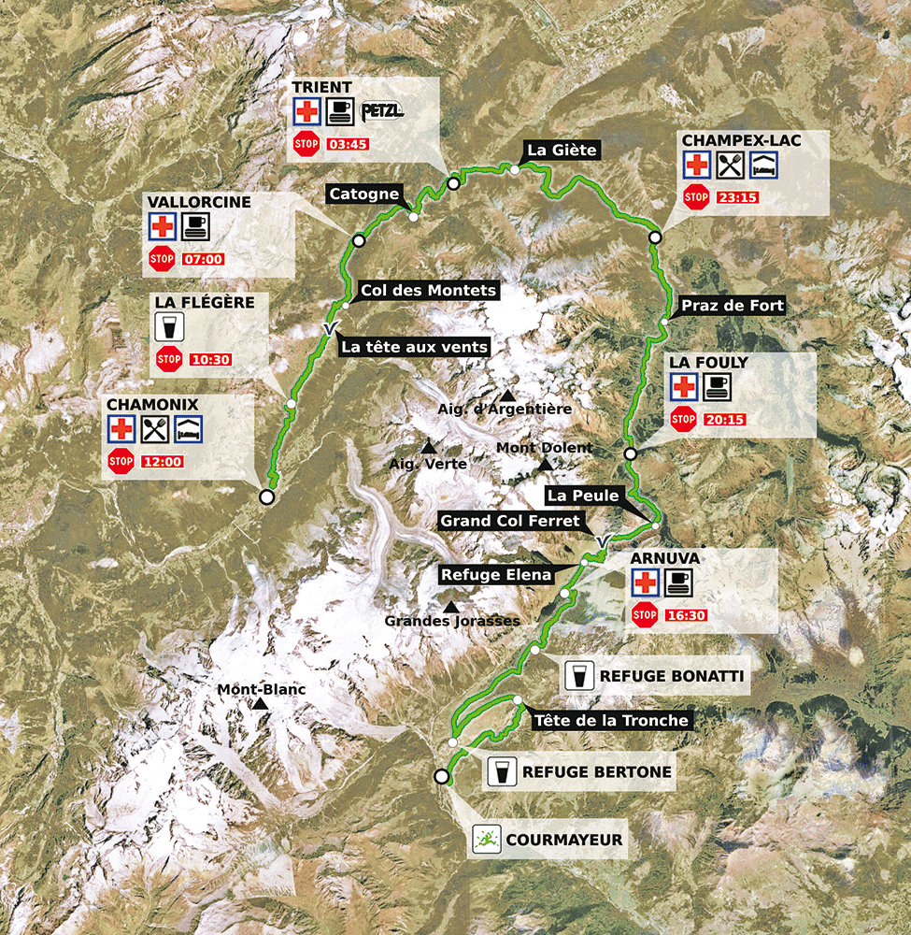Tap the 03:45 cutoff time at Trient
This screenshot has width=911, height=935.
[x=347, y=145]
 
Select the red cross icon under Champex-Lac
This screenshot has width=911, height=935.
[x=696, y=165]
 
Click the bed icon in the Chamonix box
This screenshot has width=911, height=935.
[x=188, y=429]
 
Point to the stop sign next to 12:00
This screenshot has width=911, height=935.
[x=121, y=461]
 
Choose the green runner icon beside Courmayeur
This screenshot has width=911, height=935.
[x=484, y=839]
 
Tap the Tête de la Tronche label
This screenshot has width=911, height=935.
[x=612, y=720]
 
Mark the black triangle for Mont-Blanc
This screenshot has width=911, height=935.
[x=261, y=703]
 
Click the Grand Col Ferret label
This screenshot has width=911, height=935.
[x=510, y=521]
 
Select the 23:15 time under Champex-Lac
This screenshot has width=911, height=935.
[x=737, y=197]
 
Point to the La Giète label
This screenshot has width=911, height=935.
[x=561, y=150]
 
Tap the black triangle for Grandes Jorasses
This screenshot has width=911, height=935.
[x=451, y=607]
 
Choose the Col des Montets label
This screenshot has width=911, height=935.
[x=428, y=291]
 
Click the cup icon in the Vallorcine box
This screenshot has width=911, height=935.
[x=195, y=225]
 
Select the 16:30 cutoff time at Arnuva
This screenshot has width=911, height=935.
[x=686, y=615]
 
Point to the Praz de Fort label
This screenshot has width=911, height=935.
[x=732, y=306]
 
